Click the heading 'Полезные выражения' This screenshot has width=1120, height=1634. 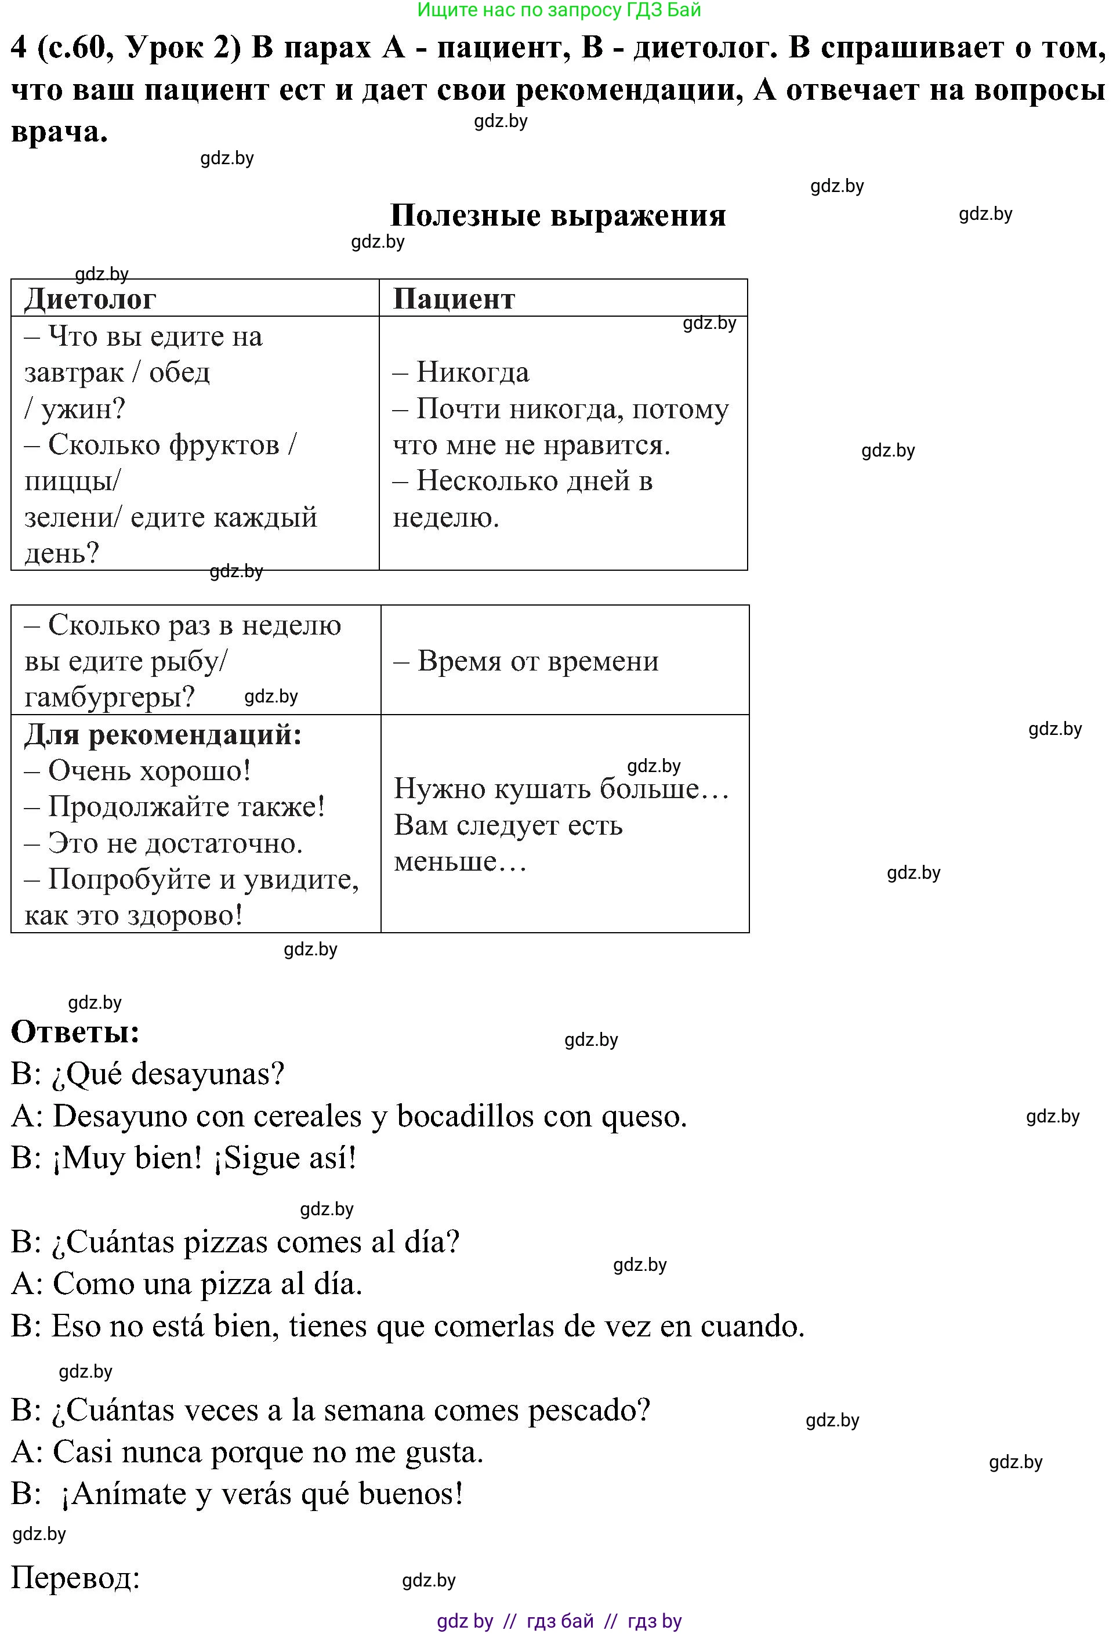(x=557, y=215)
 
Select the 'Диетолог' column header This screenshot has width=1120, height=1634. (x=90, y=299)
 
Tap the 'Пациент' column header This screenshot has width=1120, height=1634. (x=454, y=299)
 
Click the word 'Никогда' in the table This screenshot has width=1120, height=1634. (x=473, y=372)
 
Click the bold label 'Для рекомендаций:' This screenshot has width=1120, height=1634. (x=163, y=735)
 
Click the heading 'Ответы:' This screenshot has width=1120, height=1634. (x=75, y=1032)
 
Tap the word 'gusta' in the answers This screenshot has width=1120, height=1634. (x=444, y=1452)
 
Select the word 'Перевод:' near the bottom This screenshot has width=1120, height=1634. (x=75, y=1578)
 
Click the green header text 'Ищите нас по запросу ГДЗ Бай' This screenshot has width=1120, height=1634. (x=559, y=10)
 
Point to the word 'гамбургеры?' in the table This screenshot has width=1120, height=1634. (x=110, y=697)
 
